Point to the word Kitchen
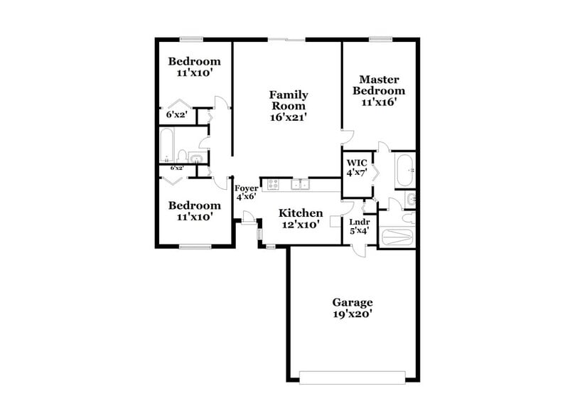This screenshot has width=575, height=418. pyautogui.click(x=300, y=213)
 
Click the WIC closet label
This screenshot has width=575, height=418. pyautogui.click(x=356, y=162)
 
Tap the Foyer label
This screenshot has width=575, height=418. pyautogui.click(x=246, y=188)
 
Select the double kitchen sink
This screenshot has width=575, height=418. pyautogui.click(x=299, y=186)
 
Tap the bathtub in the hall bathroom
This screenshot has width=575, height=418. pyautogui.click(x=166, y=145)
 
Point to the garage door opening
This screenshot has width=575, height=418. pyautogui.click(x=353, y=375)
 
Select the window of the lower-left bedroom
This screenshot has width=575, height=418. pyautogui.click(x=193, y=247)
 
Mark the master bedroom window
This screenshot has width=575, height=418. pyautogui.click(x=380, y=38)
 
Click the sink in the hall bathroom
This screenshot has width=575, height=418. pyautogui.click(x=196, y=157)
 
